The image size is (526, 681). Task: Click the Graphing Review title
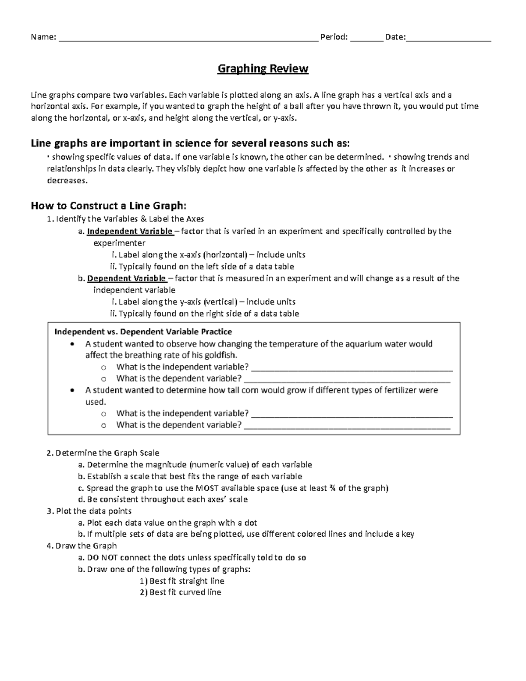(x=263, y=69)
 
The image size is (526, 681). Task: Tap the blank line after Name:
(x=188, y=39)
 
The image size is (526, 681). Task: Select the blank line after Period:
(x=366, y=39)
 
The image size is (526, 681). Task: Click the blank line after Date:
(x=448, y=39)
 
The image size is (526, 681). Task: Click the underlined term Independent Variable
(x=130, y=231)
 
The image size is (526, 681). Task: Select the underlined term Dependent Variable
(x=127, y=278)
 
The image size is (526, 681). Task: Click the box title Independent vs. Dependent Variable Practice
(x=143, y=332)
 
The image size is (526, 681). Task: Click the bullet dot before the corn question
(x=73, y=390)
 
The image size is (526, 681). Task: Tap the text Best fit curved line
(x=185, y=592)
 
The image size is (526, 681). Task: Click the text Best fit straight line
(x=187, y=581)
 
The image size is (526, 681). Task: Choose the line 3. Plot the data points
(x=89, y=511)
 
